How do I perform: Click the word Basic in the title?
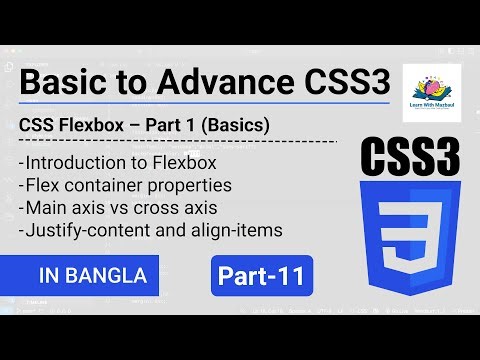pos(63,83)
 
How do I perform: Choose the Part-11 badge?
pos(263,273)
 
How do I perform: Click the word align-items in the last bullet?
pos(231,231)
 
